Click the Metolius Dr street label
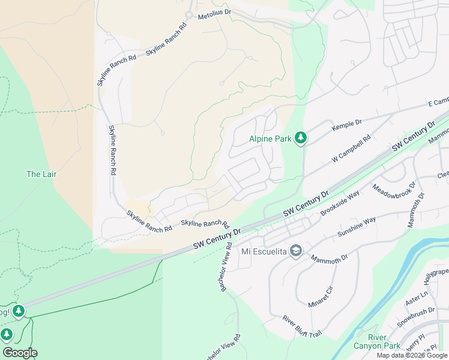click(x=214, y=12)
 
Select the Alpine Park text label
click(x=270, y=139)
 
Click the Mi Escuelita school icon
click(x=295, y=251)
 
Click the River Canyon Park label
click(x=385, y=341)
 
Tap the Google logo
click(x=20, y=353)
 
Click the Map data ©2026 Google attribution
click(x=411, y=355)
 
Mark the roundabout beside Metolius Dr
click(x=189, y=14)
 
